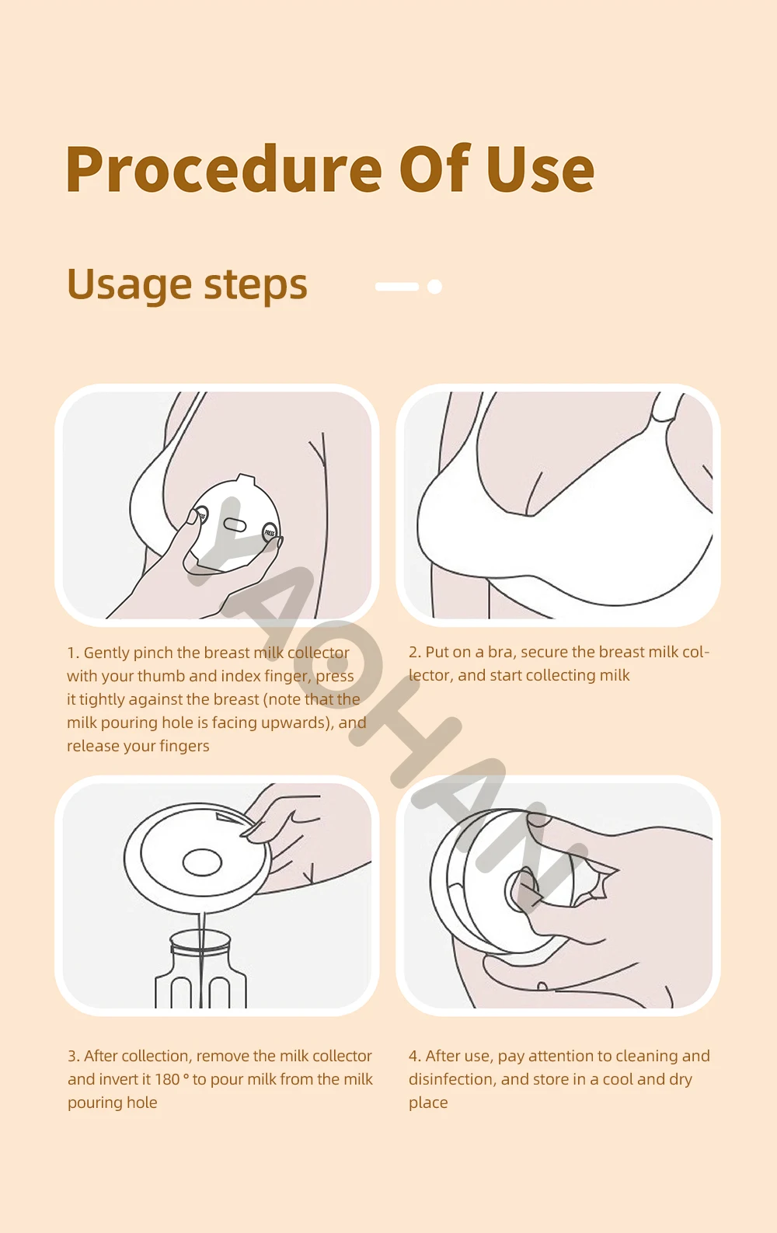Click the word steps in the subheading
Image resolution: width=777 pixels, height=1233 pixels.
(256, 284)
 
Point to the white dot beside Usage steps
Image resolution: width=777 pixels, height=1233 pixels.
(434, 286)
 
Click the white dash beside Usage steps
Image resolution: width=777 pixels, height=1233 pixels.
(396, 286)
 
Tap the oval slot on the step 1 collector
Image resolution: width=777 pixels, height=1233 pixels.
(235, 524)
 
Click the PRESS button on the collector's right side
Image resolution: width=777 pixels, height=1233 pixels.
(270, 532)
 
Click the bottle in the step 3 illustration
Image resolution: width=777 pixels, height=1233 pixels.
(200, 970)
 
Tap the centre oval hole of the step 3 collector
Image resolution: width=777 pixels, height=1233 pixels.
(202, 862)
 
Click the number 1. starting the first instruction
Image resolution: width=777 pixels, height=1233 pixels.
(73, 653)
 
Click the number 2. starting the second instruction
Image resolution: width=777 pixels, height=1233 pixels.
(415, 653)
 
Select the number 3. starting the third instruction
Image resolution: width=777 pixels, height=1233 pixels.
(74, 1057)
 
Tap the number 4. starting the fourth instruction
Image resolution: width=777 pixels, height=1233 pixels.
(415, 1057)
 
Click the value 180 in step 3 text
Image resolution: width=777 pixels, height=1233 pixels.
(167, 1079)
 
